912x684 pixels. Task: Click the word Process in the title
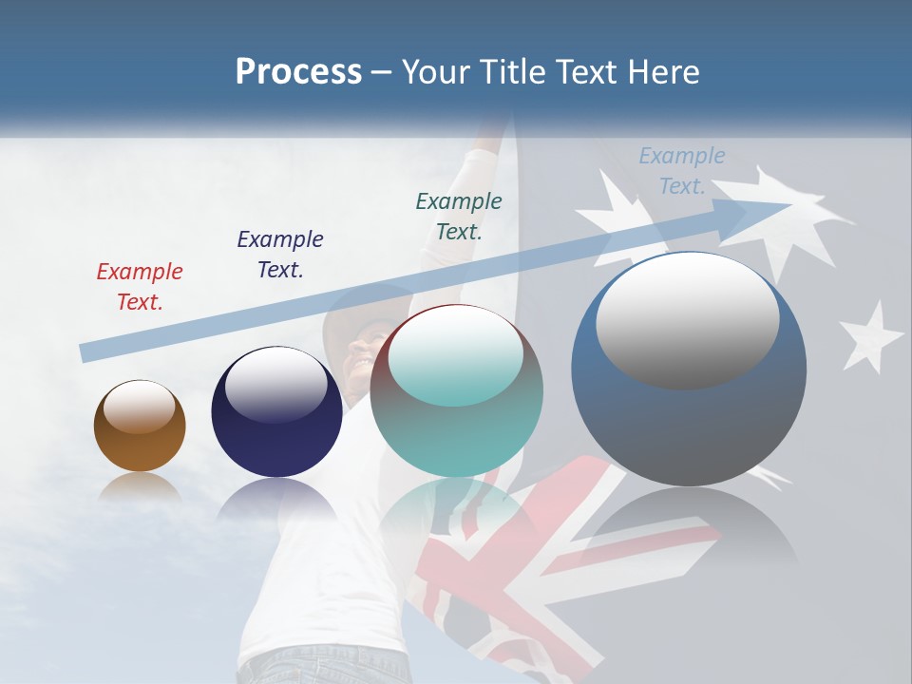[x=298, y=72]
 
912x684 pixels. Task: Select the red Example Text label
[x=140, y=286]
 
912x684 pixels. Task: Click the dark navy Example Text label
[x=280, y=254]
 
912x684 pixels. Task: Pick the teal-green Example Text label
[x=459, y=216]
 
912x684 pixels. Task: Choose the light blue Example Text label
[x=682, y=171]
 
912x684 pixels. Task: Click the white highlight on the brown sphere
[x=140, y=407]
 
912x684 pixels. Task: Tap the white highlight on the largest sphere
[x=687, y=318]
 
